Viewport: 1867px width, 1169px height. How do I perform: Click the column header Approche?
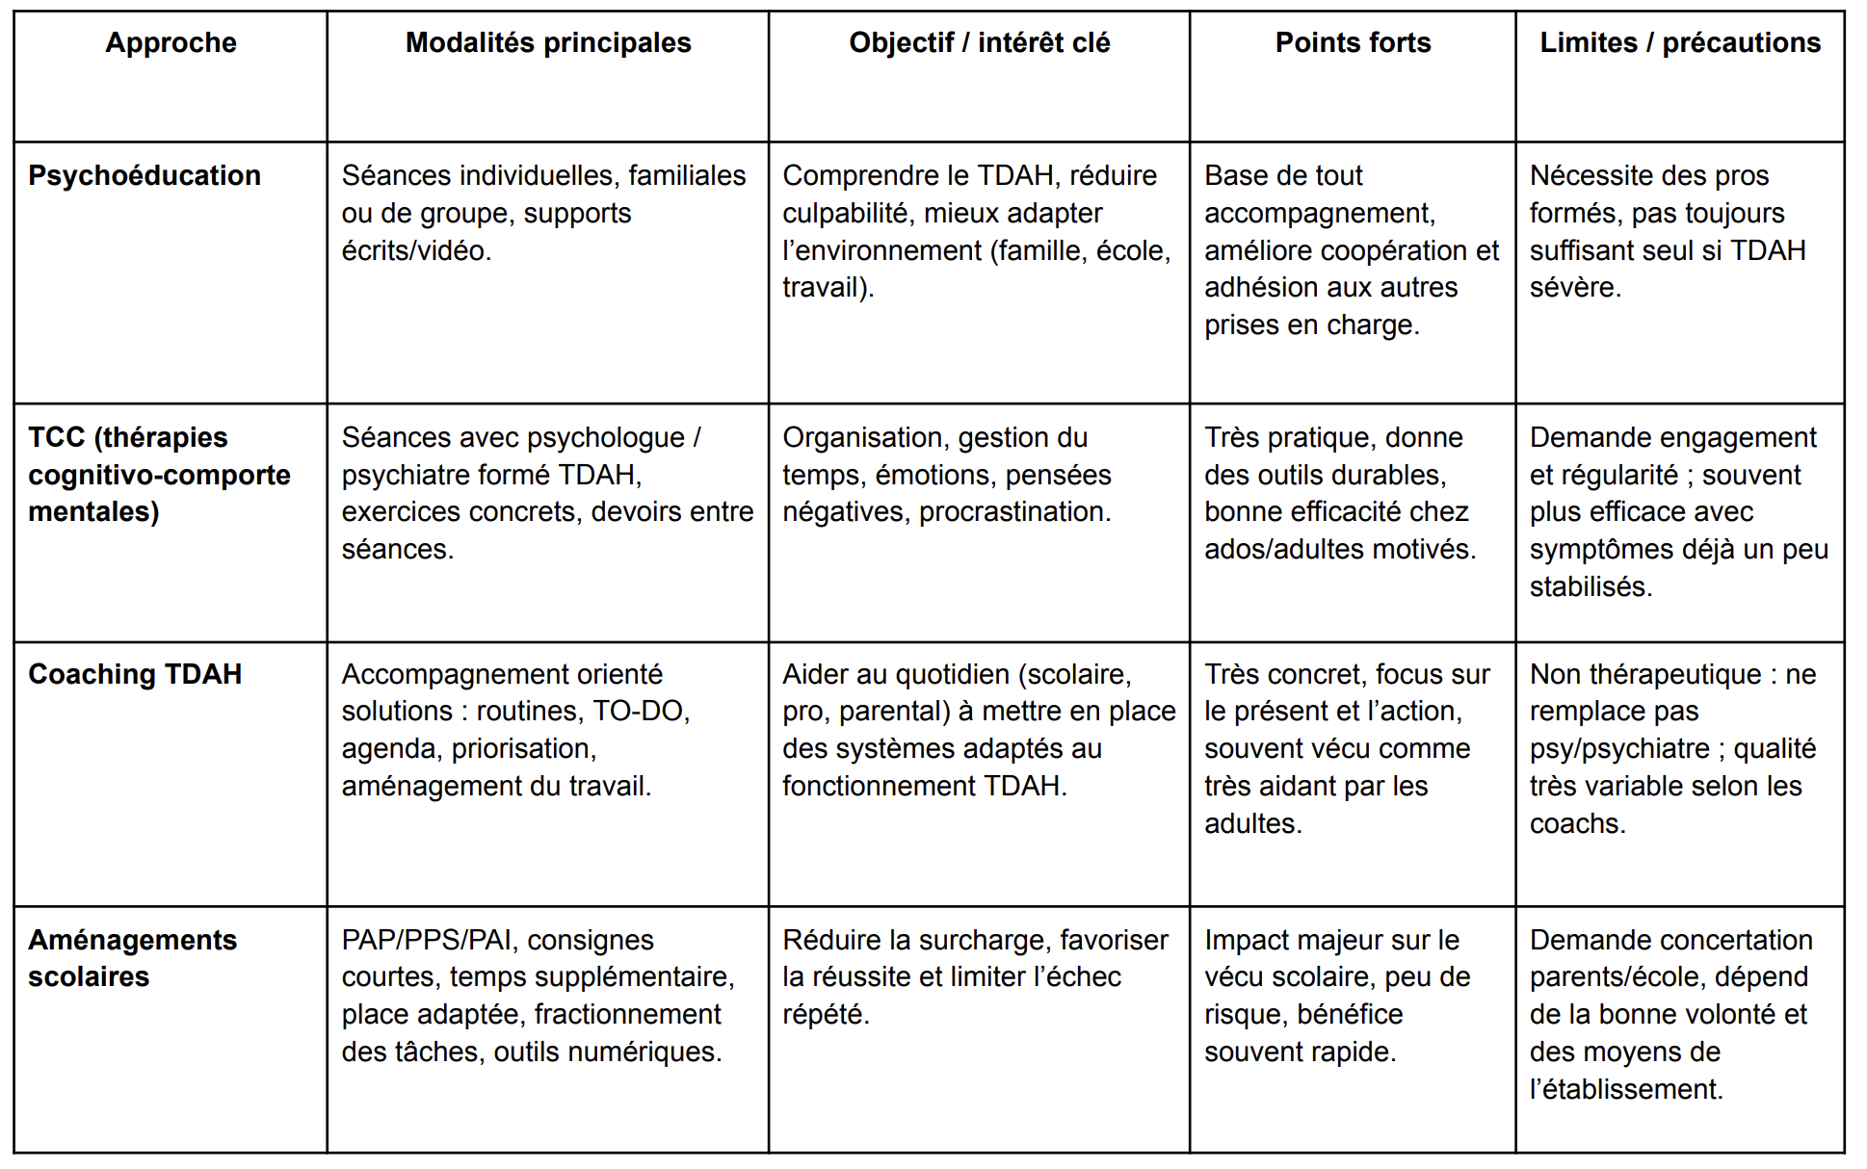coord(171,43)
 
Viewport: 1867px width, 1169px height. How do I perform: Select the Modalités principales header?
coord(548,43)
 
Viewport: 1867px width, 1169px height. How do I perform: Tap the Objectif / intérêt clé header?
coord(979,43)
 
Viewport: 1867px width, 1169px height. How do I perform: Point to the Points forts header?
coord(1353,43)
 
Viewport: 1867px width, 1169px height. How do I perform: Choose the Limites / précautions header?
coord(1680,43)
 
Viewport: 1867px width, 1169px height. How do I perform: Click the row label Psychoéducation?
coord(145,176)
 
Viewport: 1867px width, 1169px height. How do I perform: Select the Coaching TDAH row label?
coord(135,674)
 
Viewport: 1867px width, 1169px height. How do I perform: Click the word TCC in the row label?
coord(57,438)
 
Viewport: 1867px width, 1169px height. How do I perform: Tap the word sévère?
coord(1575,288)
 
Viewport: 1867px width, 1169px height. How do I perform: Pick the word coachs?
coord(1577,824)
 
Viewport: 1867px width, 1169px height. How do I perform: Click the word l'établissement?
coord(1625,1090)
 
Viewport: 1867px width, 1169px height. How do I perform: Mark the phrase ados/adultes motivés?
coord(1339,550)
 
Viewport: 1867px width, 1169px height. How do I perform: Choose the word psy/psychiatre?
coord(1619,749)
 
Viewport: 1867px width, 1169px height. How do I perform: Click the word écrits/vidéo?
coord(416,251)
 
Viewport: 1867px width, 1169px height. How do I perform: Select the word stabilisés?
coord(1591,587)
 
